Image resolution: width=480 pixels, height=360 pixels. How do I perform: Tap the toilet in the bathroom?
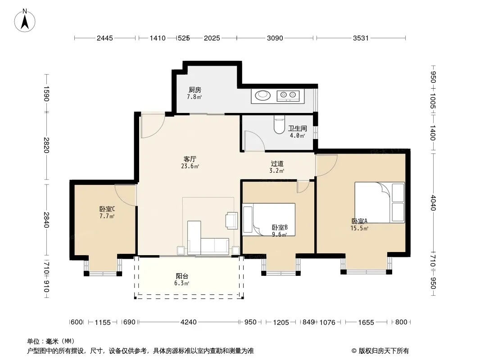click(279, 125)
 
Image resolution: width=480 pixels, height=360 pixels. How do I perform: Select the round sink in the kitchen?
click(263, 95)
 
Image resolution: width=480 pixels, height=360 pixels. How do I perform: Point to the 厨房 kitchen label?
click(195, 90)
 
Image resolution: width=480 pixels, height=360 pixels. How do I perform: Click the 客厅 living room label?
click(190, 159)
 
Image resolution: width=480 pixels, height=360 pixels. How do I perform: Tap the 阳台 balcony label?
click(182, 276)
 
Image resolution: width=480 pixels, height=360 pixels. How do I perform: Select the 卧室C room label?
click(107, 209)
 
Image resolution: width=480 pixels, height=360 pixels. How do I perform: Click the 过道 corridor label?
click(277, 164)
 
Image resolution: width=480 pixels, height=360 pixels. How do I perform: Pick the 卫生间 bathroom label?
click(297, 128)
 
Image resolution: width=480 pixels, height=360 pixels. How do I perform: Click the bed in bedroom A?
click(380, 202)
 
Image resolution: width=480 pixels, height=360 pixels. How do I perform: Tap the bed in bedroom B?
click(269, 220)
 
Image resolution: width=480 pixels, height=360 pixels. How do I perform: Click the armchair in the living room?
click(231, 220)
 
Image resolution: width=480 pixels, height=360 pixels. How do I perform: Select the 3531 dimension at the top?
click(361, 38)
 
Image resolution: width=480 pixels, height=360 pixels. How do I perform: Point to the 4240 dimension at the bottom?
click(189, 322)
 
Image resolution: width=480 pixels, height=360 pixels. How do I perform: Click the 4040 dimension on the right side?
click(433, 202)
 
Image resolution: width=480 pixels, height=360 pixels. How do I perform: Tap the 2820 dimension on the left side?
click(46, 145)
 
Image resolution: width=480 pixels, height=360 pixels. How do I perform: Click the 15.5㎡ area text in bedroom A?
click(359, 228)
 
